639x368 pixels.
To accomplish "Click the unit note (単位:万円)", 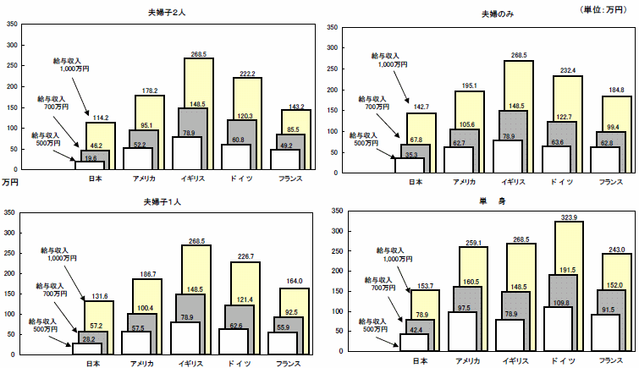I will [604, 9].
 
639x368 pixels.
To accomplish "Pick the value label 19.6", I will [90, 158].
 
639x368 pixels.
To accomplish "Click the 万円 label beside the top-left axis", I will [10, 181].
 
